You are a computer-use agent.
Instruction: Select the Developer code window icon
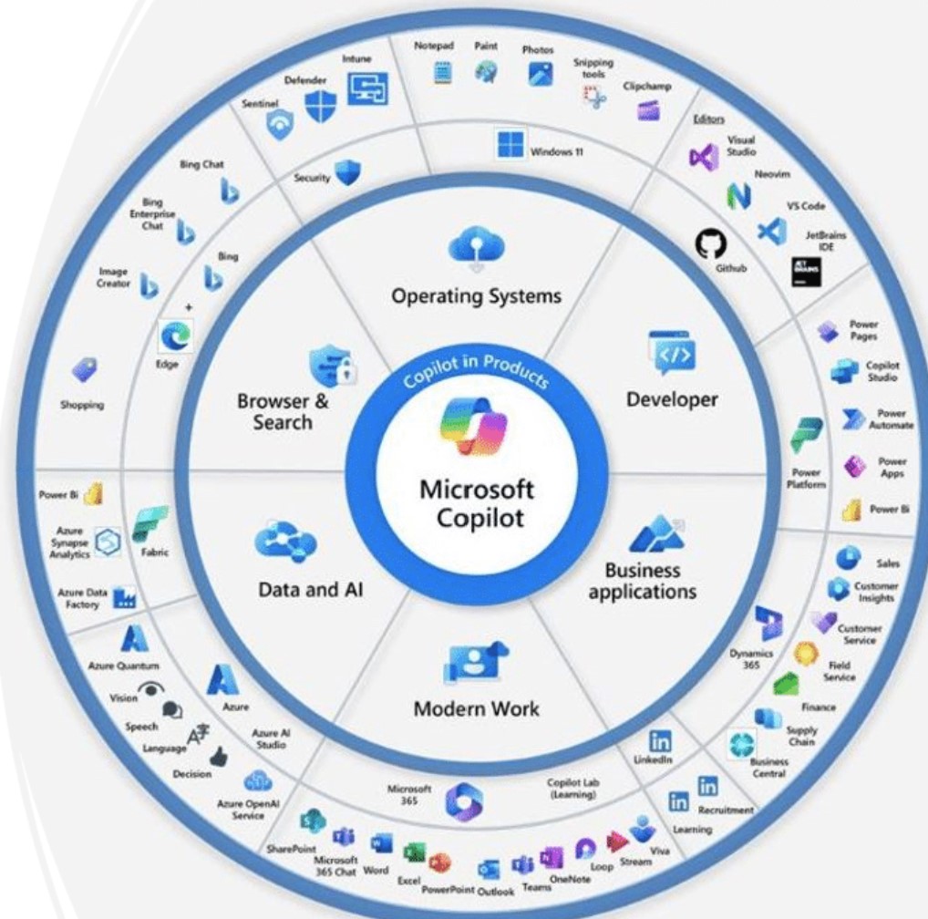click(x=672, y=354)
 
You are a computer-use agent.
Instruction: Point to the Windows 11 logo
click(x=510, y=146)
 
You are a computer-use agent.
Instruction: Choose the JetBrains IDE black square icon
click(x=806, y=271)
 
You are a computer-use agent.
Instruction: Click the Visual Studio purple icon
click(x=703, y=157)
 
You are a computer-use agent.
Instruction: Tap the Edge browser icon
click(x=170, y=337)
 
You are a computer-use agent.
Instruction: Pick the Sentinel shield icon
click(x=280, y=124)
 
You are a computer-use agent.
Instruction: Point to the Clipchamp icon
click(x=647, y=110)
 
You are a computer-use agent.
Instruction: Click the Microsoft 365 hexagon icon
click(x=463, y=801)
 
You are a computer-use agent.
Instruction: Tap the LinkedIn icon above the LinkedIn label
click(x=660, y=742)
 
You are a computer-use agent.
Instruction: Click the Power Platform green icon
click(x=806, y=437)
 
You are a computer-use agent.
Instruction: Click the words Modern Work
click(x=477, y=708)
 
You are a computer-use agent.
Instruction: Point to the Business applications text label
click(x=642, y=581)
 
